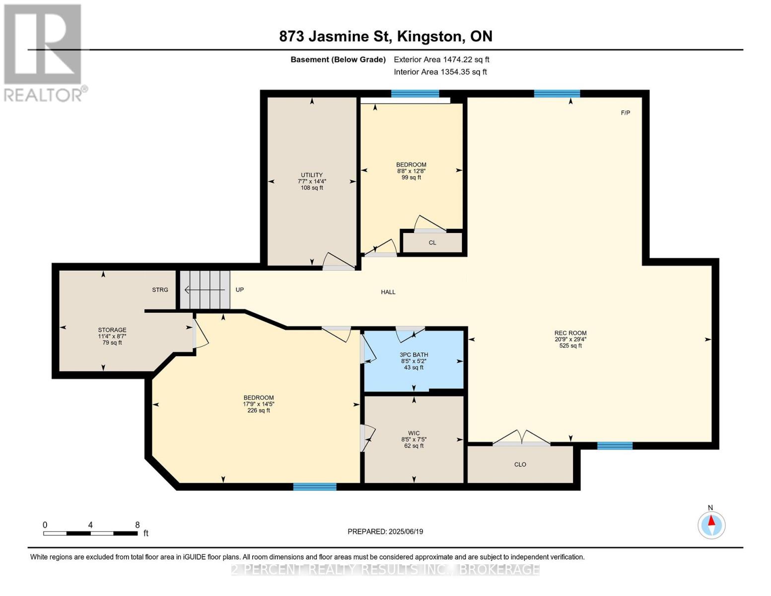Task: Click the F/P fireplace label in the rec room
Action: (625, 113)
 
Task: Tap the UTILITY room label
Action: (311, 175)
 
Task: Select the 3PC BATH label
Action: (414, 355)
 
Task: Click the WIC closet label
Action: (414, 433)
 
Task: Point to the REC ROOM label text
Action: (570, 333)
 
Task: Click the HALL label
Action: (388, 292)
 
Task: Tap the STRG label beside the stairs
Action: (160, 290)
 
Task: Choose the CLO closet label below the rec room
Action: (520, 464)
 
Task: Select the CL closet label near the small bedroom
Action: (432, 243)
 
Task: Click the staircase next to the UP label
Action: (205, 290)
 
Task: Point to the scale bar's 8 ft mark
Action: (138, 525)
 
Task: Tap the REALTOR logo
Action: (44, 52)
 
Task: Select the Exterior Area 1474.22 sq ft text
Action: (441, 60)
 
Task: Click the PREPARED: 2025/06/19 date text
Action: (385, 531)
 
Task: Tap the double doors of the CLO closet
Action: (521, 438)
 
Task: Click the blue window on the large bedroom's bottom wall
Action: (315, 487)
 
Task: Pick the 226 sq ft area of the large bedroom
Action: (258, 411)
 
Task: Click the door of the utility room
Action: (339, 262)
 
